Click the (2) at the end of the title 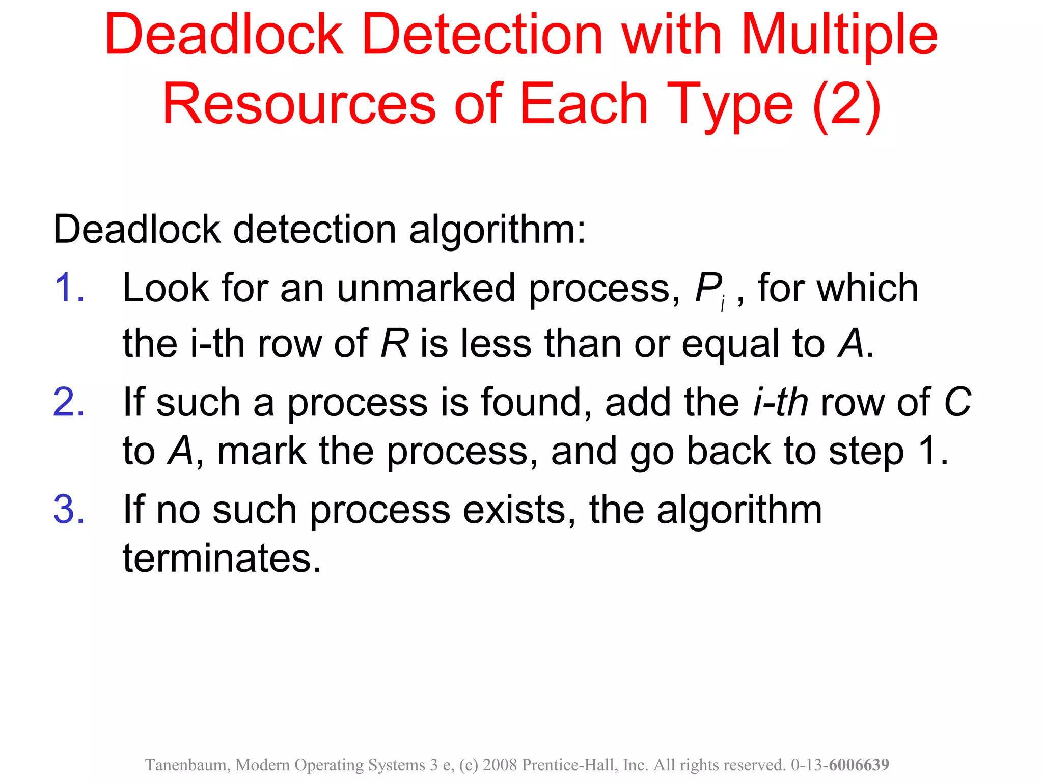tap(846, 105)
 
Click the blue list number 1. tap(69, 288)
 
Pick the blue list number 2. tap(69, 402)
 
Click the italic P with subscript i tap(710, 290)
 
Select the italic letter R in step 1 tap(394, 344)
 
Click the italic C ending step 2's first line tap(957, 402)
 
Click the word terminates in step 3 tap(222, 558)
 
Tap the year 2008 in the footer tap(501, 765)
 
